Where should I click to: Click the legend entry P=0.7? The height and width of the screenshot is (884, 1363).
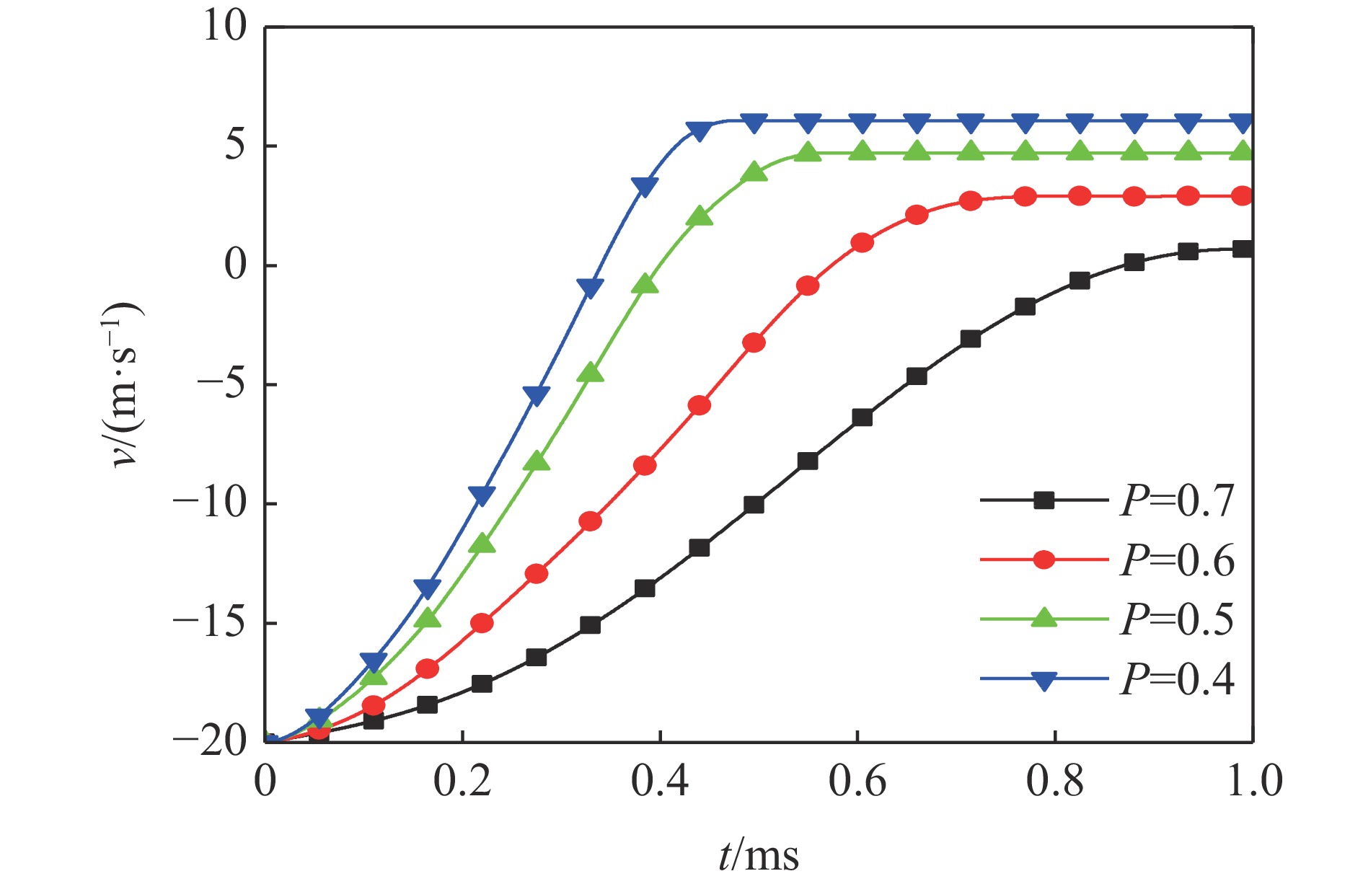(x=1177, y=500)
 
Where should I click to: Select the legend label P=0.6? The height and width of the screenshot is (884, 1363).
(x=1177, y=560)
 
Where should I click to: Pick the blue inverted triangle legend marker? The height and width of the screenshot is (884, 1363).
(x=1044, y=679)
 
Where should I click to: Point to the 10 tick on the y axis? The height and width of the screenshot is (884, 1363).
(x=224, y=27)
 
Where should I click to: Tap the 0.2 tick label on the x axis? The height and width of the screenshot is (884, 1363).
(x=462, y=782)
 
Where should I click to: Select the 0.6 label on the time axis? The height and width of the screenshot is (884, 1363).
(x=857, y=782)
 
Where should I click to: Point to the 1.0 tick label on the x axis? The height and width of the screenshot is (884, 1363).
(x=1254, y=782)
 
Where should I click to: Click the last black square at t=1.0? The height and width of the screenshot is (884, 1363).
(x=1242, y=249)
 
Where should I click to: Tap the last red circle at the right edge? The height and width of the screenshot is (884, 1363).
(x=1242, y=195)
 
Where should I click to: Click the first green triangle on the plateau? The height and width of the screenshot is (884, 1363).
(x=808, y=153)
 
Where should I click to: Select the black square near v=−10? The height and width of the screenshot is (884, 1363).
(x=754, y=505)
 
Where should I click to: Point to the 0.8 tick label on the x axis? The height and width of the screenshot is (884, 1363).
(x=1055, y=782)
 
